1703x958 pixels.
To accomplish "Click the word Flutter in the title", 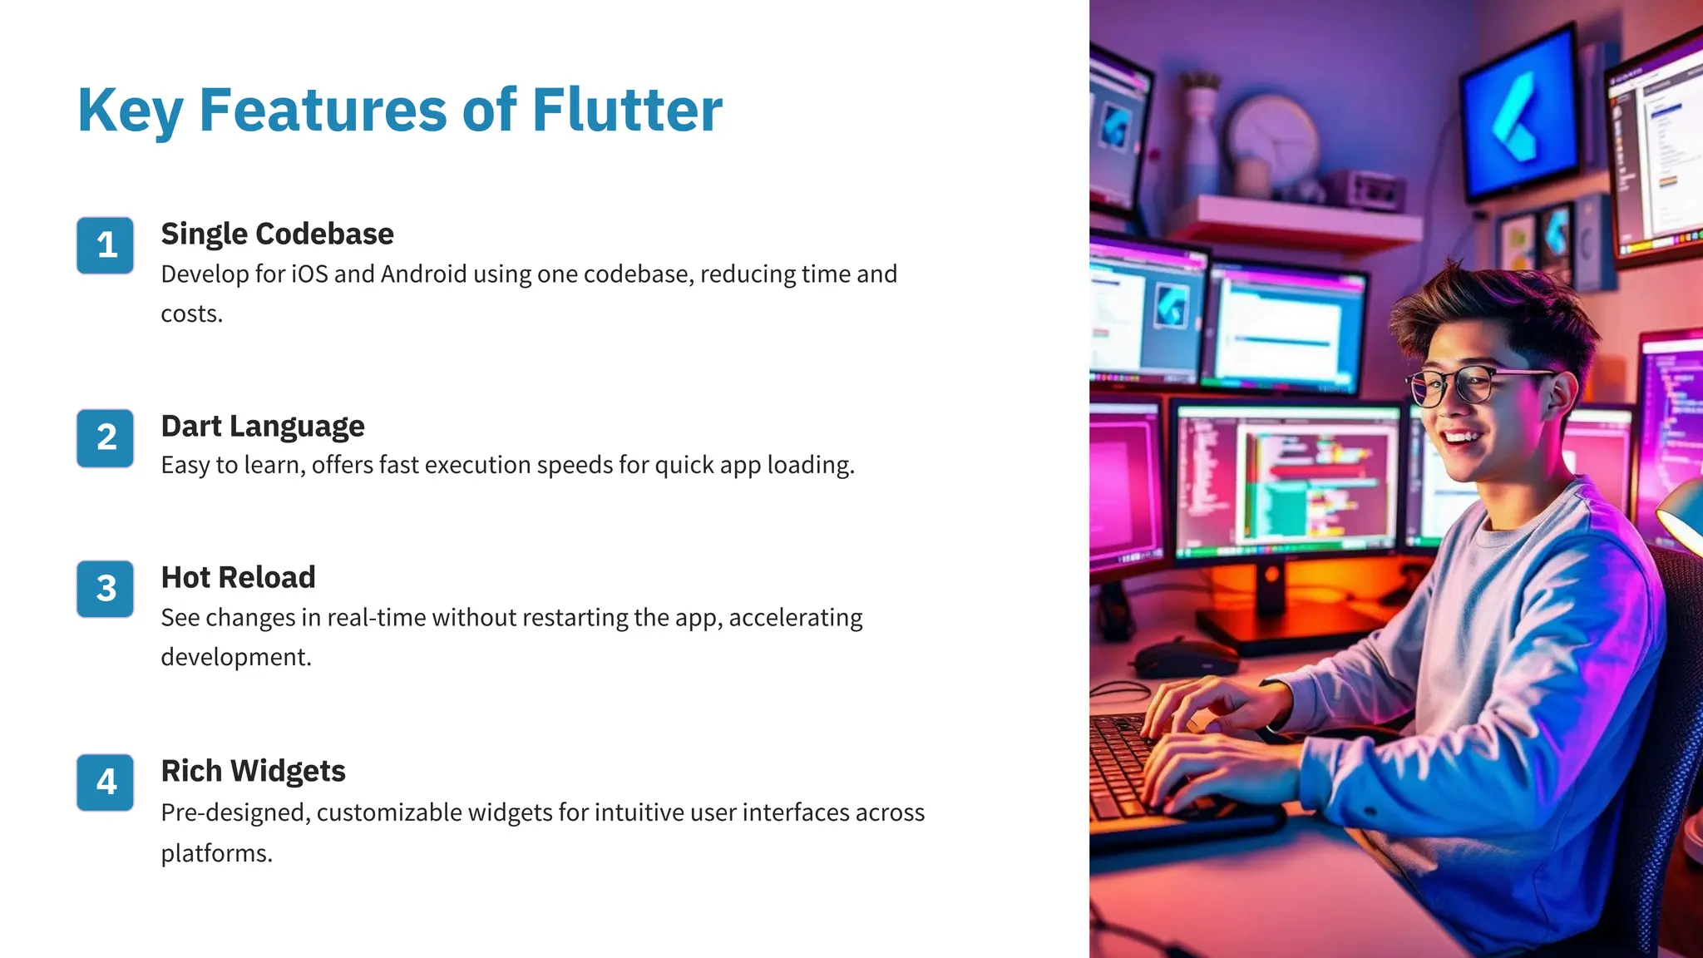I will [x=627, y=110].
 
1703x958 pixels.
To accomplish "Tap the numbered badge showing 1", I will [x=106, y=245].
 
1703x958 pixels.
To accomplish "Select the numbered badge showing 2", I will [x=106, y=437].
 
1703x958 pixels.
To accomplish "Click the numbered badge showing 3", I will [x=106, y=589].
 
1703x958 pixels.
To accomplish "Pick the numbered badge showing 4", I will [x=106, y=782].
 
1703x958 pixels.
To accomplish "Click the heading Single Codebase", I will [x=277, y=235].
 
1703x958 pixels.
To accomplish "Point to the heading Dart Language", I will [x=263, y=427].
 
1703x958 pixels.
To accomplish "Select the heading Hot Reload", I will [x=238, y=578].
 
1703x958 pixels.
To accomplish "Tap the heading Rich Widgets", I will [x=253, y=771].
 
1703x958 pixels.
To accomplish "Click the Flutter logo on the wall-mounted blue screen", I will [x=1521, y=116].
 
